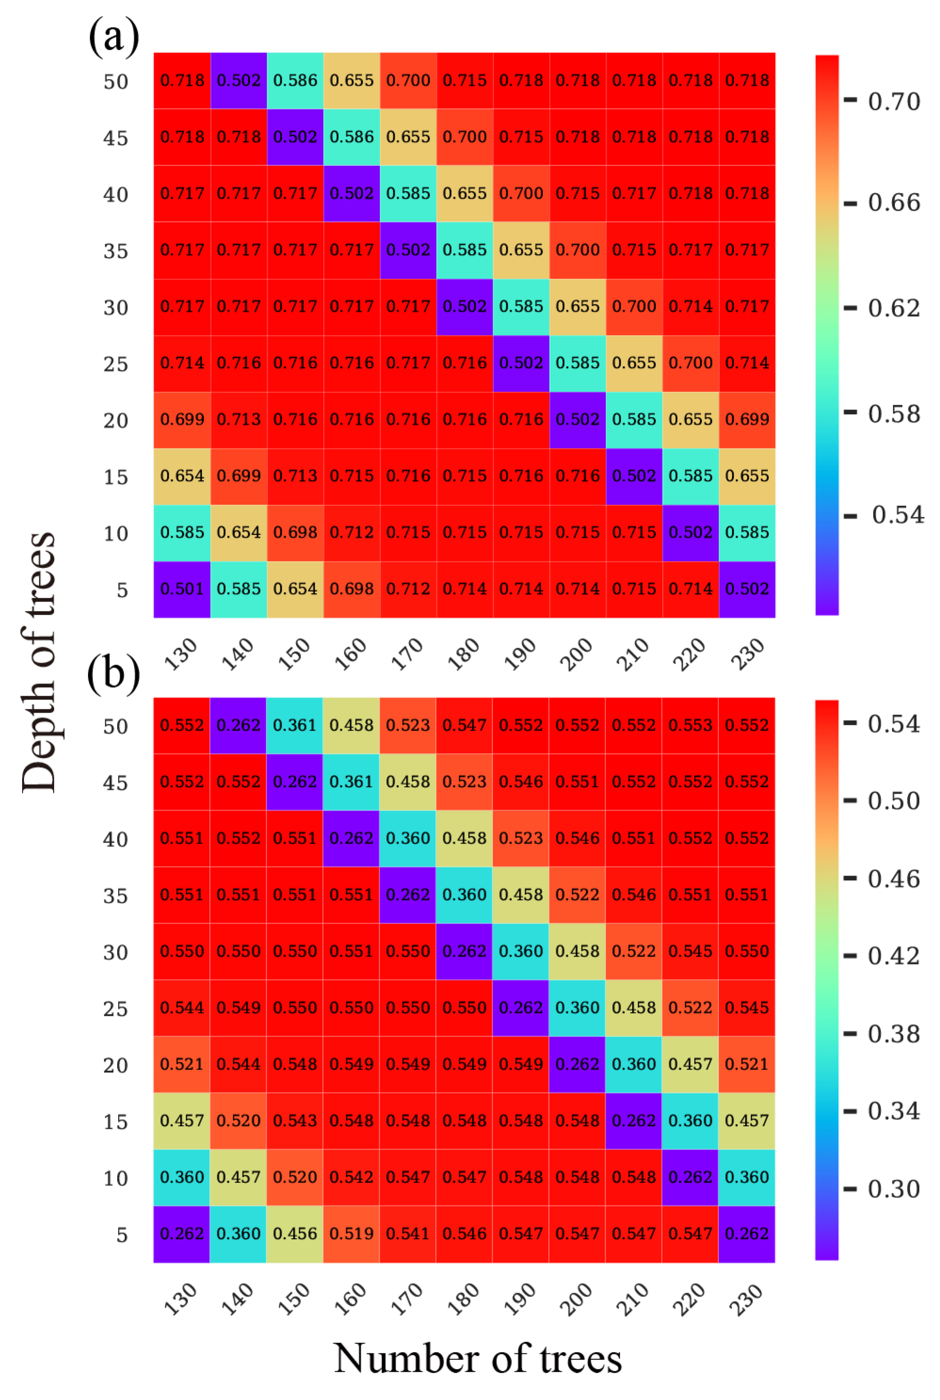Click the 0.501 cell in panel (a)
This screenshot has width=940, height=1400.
pyautogui.click(x=182, y=589)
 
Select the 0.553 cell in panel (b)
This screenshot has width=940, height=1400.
pyautogui.click(x=690, y=725)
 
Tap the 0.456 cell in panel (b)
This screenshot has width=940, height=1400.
pyautogui.click(x=295, y=1234)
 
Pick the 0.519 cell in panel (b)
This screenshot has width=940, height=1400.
pyautogui.click(x=351, y=1234)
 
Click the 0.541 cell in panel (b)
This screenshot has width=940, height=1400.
pyautogui.click(x=407, y=1234)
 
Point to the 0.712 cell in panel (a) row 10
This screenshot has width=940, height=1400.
pyautogui.click(x=351, y=532)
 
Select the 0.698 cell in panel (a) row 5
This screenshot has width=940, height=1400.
pyautogui.click(x=351, y=589)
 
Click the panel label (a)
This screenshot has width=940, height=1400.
pyautogui.click(x=114, y=37)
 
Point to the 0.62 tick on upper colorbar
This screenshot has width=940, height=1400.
pyautogui.click(x=893, y=308)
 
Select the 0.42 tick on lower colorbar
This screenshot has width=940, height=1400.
pyautogui.click(x=893, y=956)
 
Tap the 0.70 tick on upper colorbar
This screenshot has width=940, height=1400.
pyautogui.click(x=893, y=101)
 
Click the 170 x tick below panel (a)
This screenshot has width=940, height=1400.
pyautogui.click(x=407, y=654)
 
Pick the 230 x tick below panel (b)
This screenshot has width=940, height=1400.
pyautogui.click(x=747, y=1299)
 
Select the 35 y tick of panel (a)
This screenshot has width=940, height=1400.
pyautogui.click(x=116, y=251)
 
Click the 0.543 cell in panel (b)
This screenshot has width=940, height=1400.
pyautogui.click(x=295, y=1120)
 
